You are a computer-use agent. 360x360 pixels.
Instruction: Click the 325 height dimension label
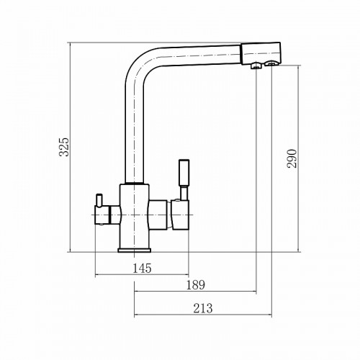(x=64, y=147)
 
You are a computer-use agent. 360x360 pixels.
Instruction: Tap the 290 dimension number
(x=292, y=158)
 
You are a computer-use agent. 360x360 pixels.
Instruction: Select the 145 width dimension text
(x=142, y=268)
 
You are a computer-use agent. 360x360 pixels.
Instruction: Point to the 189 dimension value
(x=196, y=285)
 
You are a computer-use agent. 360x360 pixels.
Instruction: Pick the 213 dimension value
(x=203, y=308)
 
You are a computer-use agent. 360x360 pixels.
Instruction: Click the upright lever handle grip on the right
(x=184, y=173)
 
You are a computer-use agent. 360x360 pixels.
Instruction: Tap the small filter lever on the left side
(x=99, y=200)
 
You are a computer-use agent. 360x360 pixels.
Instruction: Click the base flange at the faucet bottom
(x=135, y=250)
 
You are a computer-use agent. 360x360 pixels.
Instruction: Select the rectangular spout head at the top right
(x=261, y=53)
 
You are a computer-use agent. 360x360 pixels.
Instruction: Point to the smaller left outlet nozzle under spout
(x=256, y=66)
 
